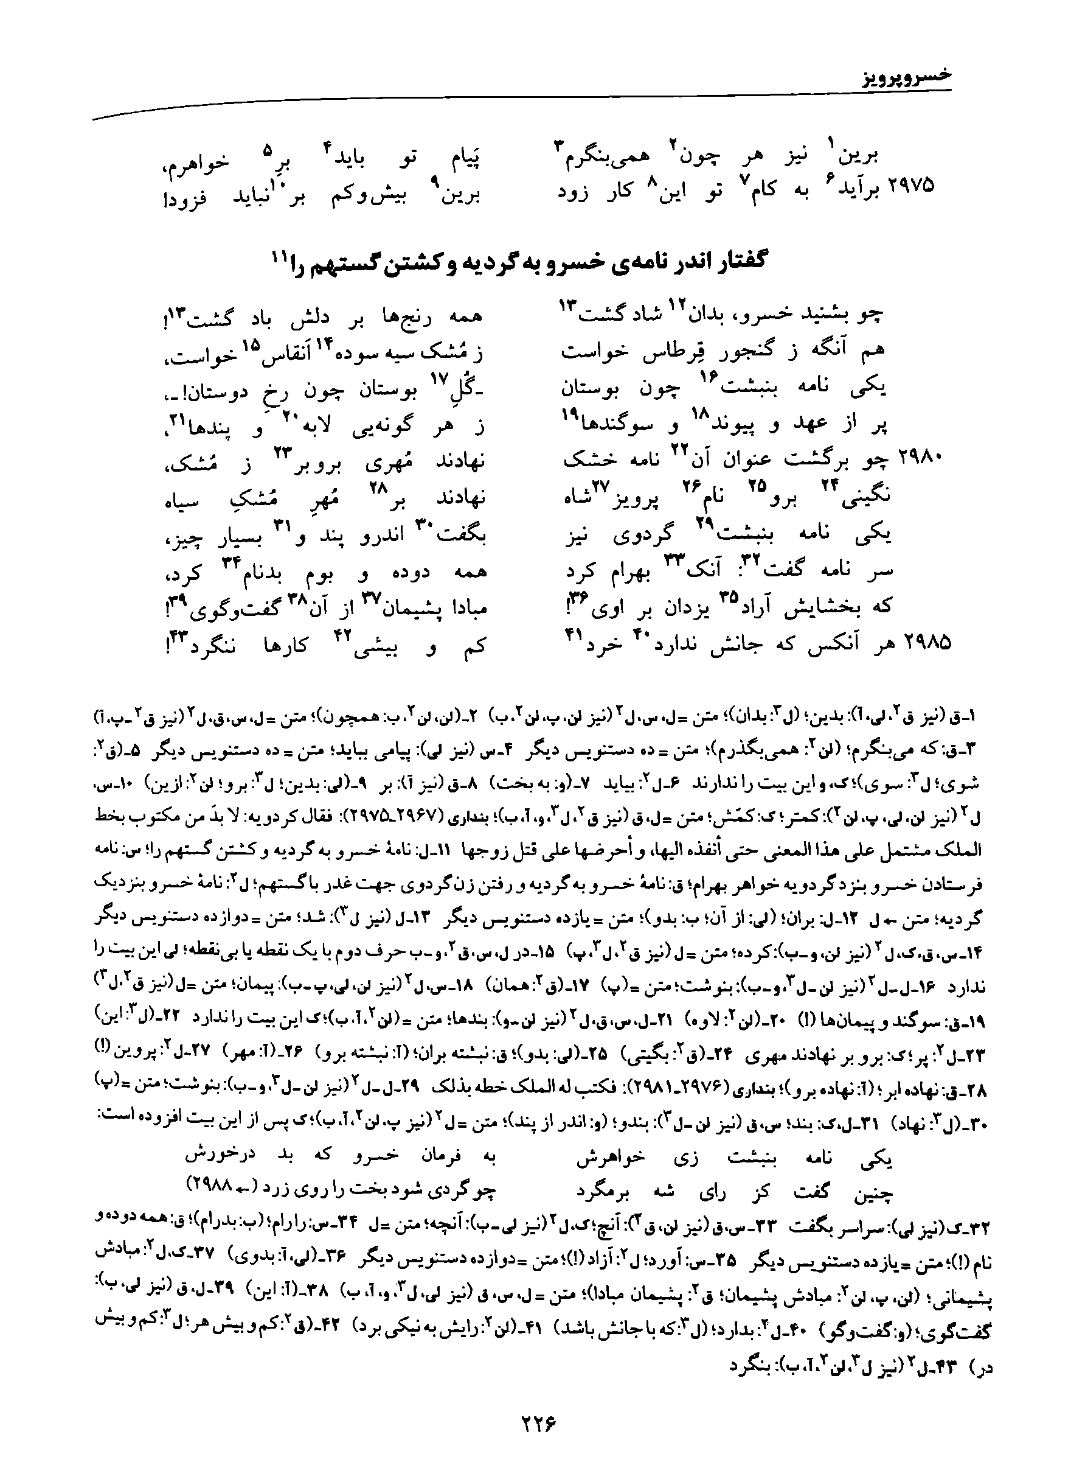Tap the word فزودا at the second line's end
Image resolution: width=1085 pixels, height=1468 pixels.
click(184, 196)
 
